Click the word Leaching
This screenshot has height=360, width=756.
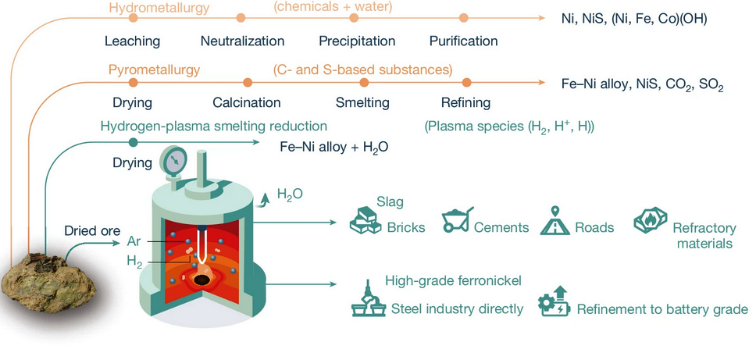pos(133,41)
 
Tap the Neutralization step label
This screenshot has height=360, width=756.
pos(242,41)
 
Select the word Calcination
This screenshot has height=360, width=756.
pos(247,102)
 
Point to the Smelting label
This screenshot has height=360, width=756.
pos(362,102)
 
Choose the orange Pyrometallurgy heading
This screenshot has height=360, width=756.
pos(155,70)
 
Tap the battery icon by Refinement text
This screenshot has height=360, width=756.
pos(555,304)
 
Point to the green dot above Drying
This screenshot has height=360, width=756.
pos(133,142)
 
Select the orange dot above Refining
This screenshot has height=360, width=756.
pos(466,81)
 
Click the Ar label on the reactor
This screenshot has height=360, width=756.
pos(134,241)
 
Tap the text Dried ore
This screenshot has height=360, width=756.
pos(93,231)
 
